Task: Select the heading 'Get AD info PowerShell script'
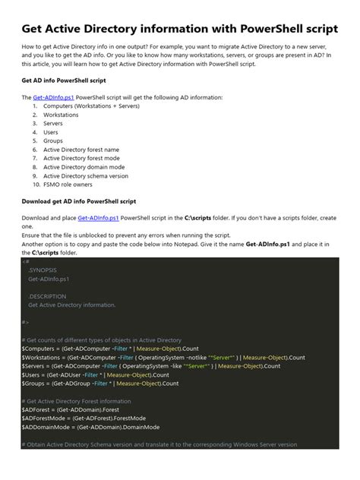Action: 65,80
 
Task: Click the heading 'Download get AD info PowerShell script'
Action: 79,201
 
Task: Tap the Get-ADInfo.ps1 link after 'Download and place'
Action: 99,218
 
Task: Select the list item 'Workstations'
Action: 60,115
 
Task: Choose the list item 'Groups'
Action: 53,141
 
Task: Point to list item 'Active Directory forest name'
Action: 81,150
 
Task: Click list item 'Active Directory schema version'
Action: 86,175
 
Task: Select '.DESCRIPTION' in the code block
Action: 47,295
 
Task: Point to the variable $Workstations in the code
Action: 43,357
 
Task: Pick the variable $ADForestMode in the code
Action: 45,418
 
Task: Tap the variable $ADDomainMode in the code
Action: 46,427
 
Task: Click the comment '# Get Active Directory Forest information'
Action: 77,401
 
